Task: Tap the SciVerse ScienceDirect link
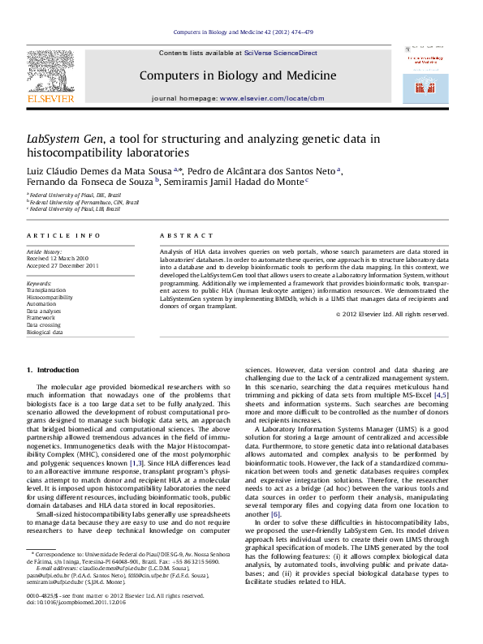[278, 53]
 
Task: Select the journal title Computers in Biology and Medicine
[237, 75]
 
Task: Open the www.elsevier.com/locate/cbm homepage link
[272, 98]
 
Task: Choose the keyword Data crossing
[45, 325]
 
